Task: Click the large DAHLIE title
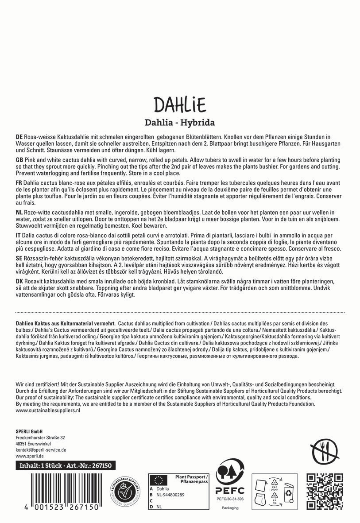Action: point(180,105)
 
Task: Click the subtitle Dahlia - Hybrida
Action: point(180,122)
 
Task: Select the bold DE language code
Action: point(19,138)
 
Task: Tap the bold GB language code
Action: point(19,160)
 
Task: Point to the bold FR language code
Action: point(19,182)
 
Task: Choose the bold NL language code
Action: point(19,213)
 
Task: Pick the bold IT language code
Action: point(18,235)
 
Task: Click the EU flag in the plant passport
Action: point(157,480)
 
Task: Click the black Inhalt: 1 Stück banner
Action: point(66,465)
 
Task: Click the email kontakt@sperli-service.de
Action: point(41,449)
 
